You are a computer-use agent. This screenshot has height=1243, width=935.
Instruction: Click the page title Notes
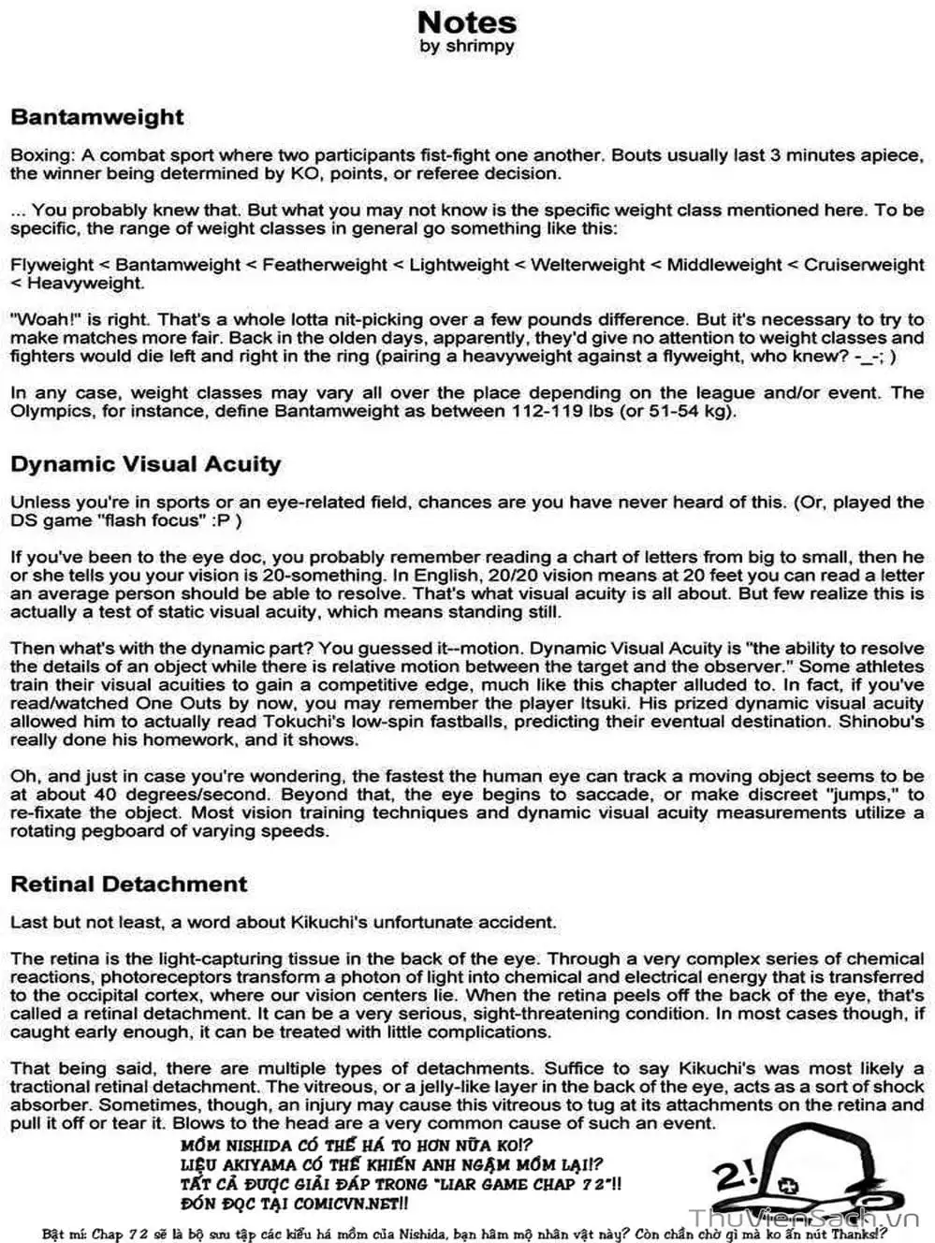point(466,22)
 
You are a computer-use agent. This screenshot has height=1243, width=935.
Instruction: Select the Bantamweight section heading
point(97,118)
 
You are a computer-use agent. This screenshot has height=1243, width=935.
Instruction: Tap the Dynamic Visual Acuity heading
point(145,464)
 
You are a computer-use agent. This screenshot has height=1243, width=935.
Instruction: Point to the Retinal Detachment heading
point(128,885)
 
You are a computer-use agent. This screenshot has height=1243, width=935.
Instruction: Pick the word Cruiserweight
point(864,265)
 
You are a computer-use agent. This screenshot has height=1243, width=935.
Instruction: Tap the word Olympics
point(54,411)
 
